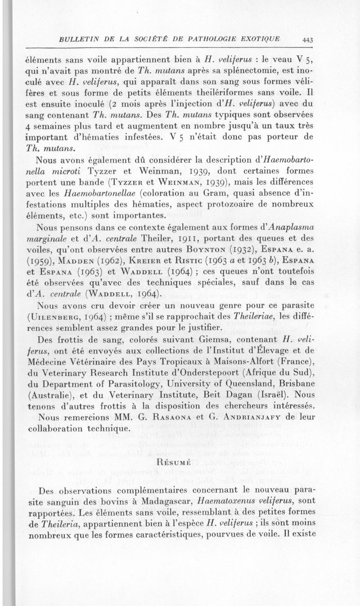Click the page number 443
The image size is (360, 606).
coord(308,40)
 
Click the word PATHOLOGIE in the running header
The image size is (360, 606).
coord(217,39)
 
